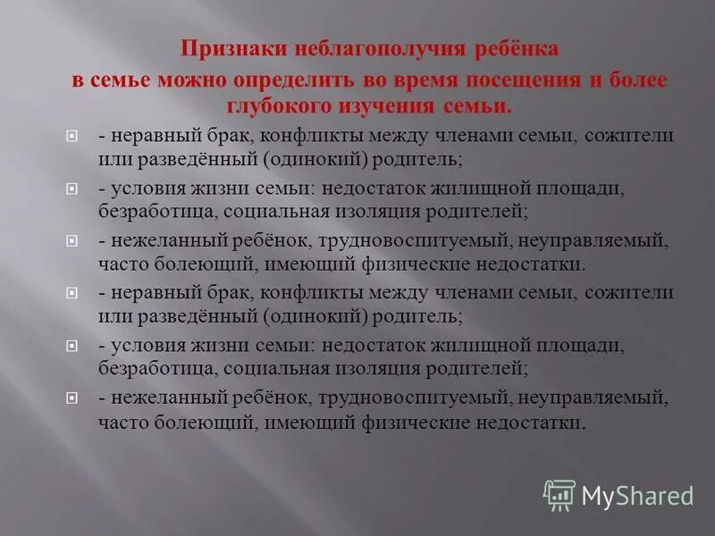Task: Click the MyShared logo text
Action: [637, 495]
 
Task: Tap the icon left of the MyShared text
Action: [559, 494]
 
